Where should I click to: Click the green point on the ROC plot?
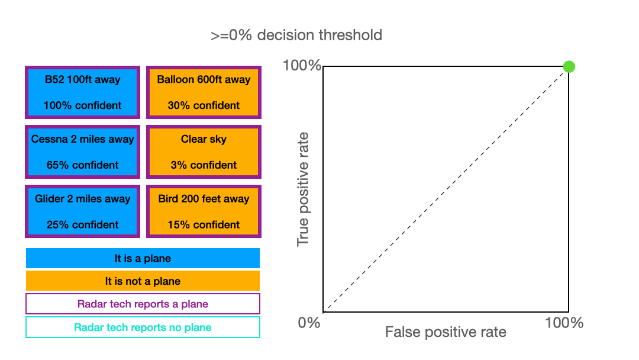569,66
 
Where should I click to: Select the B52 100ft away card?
83,92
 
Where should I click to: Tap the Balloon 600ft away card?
204,92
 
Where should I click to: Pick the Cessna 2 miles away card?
83,152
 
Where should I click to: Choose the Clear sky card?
204,152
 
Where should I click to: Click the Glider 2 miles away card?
83,211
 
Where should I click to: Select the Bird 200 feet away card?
204,211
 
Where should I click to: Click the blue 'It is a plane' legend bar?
143,258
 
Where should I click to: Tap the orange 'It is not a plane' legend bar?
143,281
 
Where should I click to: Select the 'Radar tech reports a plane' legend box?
143,304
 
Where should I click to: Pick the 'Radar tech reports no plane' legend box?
143,327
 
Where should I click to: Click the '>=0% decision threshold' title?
296,35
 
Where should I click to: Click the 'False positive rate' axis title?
446,332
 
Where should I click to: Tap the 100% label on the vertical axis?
302,66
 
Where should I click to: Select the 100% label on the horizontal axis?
564,323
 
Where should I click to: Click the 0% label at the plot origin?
309,323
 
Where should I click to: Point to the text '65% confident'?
83,165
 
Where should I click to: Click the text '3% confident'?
204,165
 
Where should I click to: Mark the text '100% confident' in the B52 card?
83,105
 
